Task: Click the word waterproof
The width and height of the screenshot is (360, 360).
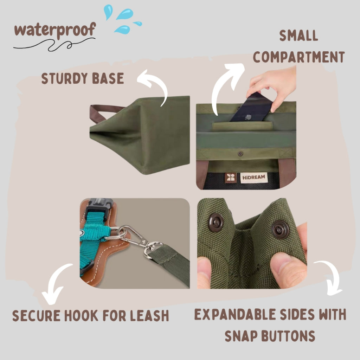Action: click(x=55, y=30)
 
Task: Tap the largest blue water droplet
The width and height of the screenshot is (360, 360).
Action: click(x=125, y=14)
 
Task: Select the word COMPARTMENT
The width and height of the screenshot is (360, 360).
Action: click(x=299, y=57)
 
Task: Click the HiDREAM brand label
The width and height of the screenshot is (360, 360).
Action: click(x=254, y=178)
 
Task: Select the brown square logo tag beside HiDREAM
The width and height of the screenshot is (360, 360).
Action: click(x=231, y=178)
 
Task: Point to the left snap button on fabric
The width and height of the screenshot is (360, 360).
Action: click(x=216, y=222)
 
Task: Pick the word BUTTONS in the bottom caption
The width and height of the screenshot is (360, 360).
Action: click(x=288, y=336)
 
